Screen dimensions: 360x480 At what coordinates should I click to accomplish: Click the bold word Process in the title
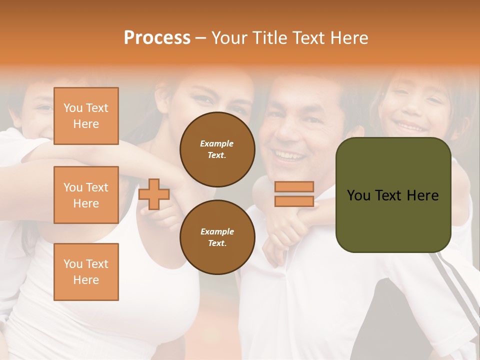157,38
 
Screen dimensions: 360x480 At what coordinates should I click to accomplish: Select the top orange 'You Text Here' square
86,116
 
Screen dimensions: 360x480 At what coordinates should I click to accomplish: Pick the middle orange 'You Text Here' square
86,195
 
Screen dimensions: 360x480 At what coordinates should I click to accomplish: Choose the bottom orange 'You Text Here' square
86,272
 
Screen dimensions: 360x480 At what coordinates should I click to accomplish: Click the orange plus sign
154,194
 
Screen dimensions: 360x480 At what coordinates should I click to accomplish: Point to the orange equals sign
294,194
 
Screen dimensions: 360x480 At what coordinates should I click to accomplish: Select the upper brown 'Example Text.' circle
217,149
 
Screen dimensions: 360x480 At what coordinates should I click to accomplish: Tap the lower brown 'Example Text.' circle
217,237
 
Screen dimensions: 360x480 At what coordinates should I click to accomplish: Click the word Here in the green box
422,195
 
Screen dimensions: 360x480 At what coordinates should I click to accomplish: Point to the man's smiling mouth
286,155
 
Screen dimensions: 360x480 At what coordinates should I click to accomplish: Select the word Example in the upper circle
217,143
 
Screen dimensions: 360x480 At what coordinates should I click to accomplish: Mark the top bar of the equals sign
294,187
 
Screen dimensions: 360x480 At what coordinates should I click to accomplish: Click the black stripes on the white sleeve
457,280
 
